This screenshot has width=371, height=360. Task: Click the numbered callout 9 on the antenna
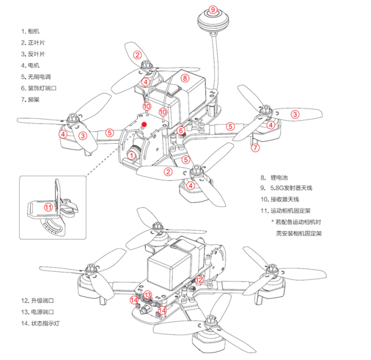(213, 10)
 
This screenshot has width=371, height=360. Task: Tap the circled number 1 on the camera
(132, 155)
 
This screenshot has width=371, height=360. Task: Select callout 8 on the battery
(185, 77)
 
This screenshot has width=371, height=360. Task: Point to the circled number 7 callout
(255, 147)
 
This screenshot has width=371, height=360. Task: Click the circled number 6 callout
(181, 131)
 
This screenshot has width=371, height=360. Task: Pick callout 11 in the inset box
(48, 207)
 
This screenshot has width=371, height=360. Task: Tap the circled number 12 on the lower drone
(199, 281)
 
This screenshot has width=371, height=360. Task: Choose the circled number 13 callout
(147, 295)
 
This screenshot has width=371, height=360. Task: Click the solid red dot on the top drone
(145, 123)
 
